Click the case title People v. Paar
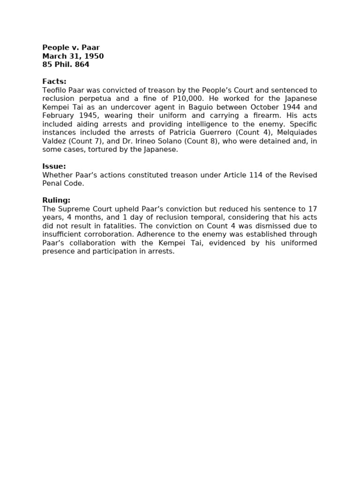point(71,47)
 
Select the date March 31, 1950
point(73,56)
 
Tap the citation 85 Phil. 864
point(66,65)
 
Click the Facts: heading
point(54,82)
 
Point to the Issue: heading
point(54,166)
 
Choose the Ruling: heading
point(56,200)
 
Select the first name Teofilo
point(54,90)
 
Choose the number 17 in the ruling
point(312,209)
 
